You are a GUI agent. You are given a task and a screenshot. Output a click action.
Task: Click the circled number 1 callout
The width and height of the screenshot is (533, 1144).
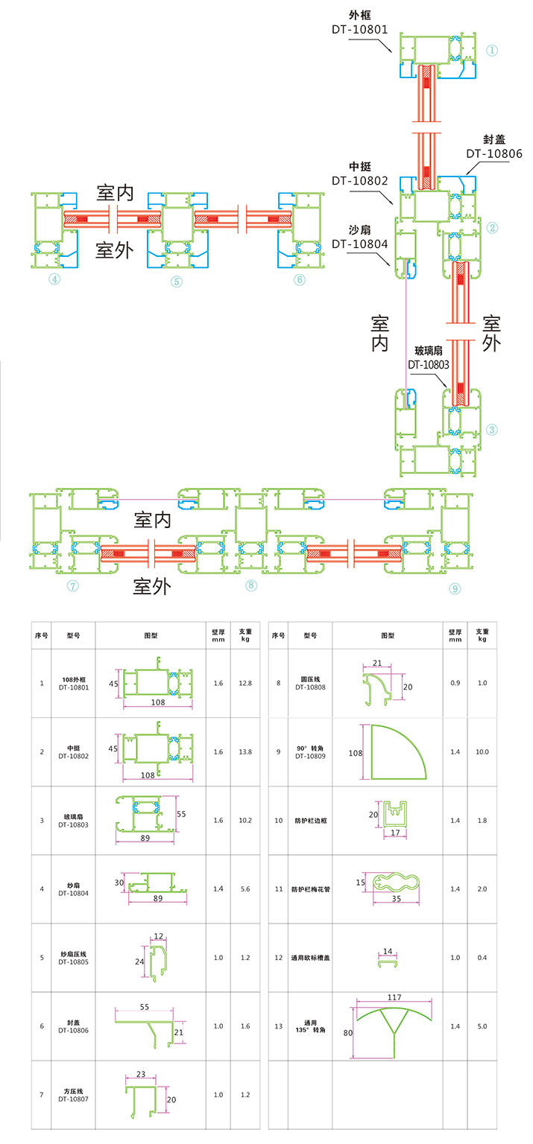[492, 51]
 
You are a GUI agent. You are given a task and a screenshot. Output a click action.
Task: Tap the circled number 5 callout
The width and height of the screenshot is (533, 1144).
[176, 282]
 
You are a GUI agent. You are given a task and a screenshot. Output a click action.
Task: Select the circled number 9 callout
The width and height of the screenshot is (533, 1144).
[455, 588]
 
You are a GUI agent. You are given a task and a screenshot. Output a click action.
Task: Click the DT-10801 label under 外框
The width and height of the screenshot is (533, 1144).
[360, 30]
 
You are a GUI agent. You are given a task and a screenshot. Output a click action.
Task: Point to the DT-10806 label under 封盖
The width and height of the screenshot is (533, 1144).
[494, 154]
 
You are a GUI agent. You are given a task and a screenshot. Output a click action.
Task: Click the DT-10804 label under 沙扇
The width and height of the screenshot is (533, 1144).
[360, 244]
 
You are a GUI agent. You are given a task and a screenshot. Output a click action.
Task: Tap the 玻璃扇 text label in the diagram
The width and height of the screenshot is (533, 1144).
[429, 350]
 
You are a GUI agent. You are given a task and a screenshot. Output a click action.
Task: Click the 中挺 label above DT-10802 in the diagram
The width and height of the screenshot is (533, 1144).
[360, 166]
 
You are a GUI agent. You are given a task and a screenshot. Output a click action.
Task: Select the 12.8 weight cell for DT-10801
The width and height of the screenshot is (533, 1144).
[245, 683]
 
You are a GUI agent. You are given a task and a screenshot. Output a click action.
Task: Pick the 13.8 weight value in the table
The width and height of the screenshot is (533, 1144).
[245, 752]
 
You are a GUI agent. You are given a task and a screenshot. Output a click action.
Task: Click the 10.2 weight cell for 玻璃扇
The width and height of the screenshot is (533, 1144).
[245, 820]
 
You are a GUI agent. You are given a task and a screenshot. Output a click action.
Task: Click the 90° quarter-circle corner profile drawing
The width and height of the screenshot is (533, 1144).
[398, 752]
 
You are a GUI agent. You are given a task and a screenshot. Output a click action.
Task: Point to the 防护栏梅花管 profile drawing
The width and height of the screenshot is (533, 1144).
[400, 884]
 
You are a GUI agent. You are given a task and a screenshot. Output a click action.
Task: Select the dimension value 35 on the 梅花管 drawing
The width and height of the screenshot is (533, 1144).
[396, 899]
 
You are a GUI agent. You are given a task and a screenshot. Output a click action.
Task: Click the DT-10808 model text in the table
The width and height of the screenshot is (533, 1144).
[310, 687]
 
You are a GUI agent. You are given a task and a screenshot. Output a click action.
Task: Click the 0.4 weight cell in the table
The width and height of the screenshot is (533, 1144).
[482, 958]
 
